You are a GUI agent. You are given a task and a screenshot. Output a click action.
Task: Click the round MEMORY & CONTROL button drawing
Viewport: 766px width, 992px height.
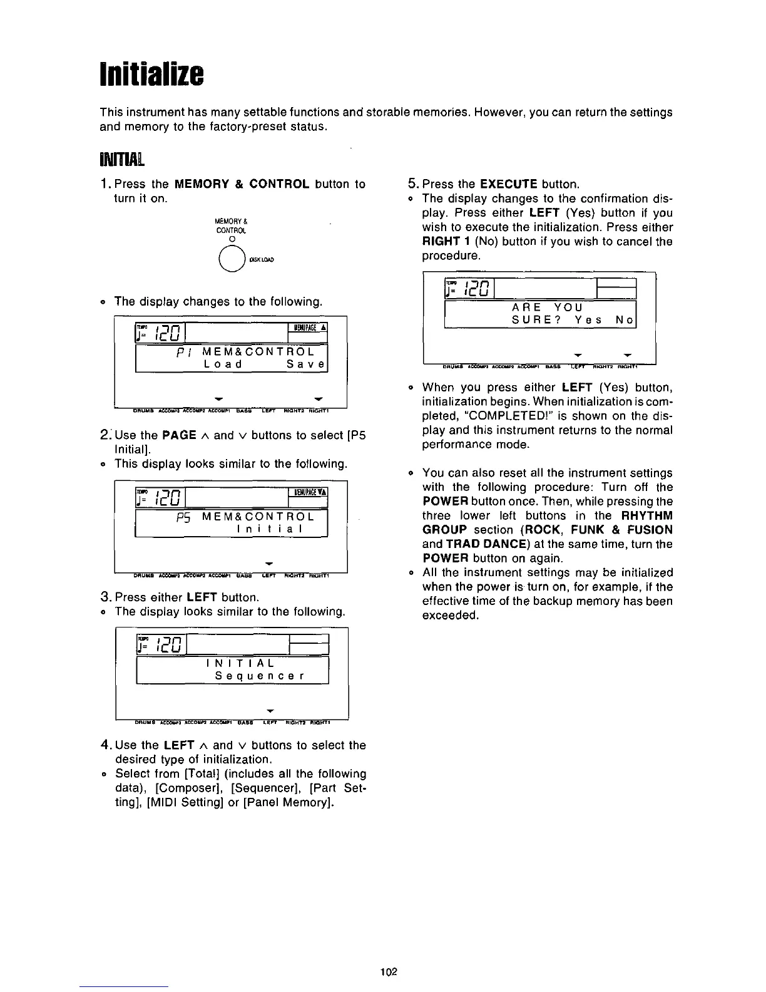(x=232, y=258)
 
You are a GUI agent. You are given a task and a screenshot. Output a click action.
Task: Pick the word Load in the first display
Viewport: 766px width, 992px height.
(x=223, y=363)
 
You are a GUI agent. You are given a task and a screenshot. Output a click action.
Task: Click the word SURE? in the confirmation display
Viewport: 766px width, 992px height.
(x=536, y=321)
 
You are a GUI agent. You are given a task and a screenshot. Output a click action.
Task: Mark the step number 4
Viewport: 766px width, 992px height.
(x=106, y=745)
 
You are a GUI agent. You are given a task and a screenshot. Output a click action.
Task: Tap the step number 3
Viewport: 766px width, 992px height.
(x=106, y=597)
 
